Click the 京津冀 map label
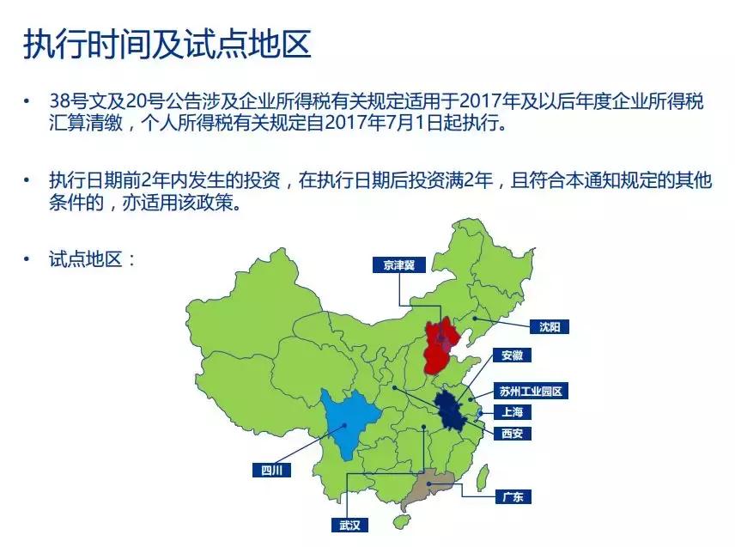[x=399, y=265]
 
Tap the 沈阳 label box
[x=549, y=326]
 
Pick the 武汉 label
[x=349, y=525]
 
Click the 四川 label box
[x=272, y=470]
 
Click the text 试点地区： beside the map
[x=92, y=258]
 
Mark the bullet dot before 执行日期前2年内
[x=28, y=182]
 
